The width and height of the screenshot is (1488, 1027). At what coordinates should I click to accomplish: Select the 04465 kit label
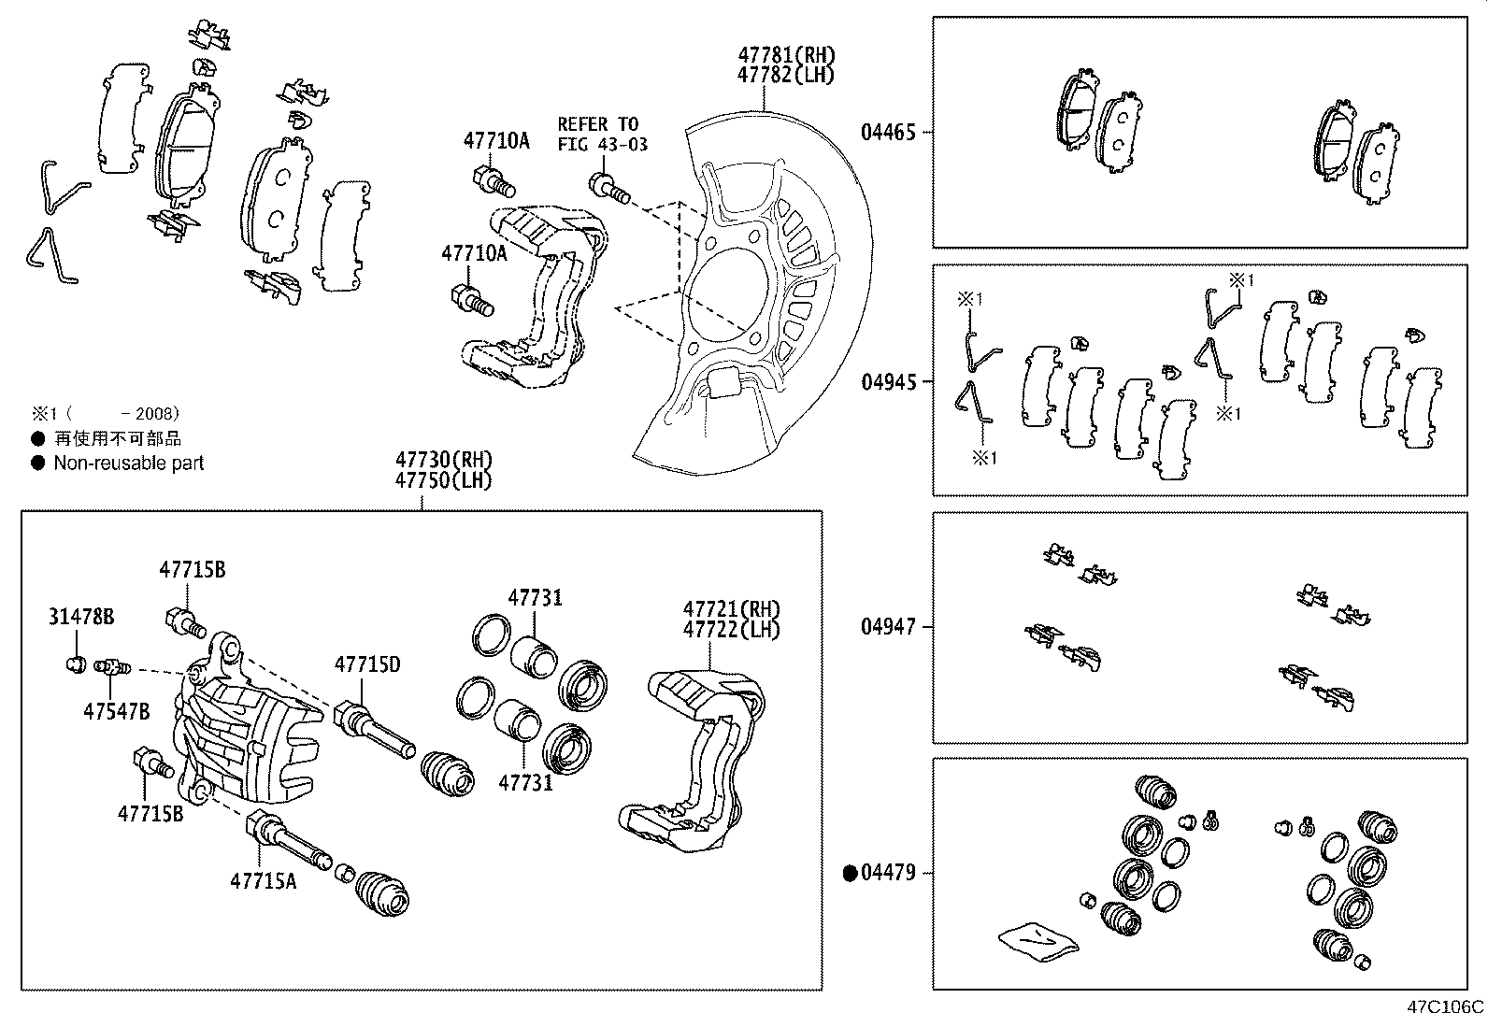(x=888, y=133)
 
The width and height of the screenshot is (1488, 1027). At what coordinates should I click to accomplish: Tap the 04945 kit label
(x=888, y=382)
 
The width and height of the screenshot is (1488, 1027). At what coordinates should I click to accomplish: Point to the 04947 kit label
(x=888, y=627)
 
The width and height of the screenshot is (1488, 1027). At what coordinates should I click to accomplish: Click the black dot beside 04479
(x=851, y=874)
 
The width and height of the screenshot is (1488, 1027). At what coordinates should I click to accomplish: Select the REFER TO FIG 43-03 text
(x=602, y=134)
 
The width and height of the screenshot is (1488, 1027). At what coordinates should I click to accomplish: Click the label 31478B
(x=81, y=617)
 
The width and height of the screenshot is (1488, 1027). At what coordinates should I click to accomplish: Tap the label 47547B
(x=116, y=710)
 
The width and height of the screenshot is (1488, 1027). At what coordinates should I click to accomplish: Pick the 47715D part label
(x=367, y=664)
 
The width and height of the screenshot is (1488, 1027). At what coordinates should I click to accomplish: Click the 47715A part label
(x=264, y=880)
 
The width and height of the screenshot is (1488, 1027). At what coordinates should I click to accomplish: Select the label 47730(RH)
(x=443, y=460)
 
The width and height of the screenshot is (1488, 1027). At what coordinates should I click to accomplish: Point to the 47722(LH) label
(x=731, y=629)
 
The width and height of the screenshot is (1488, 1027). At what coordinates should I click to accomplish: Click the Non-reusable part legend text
(x=128, y=463)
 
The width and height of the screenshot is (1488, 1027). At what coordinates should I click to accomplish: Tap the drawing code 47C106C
(x=1445, y=1007)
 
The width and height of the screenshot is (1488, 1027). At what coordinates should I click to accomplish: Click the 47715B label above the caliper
(x=192, y=569)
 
